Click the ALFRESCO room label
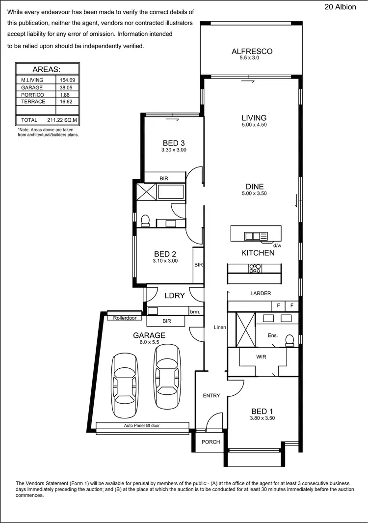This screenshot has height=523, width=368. [x=252, y=51]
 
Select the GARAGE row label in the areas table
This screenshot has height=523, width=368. [x=32, y=87]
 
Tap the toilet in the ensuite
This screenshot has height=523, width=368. [x=289, y=340]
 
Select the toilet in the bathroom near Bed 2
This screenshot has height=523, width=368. [x=145, y=220]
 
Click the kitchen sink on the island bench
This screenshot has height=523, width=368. [x=253, y=236]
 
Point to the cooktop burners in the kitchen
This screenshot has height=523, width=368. [x=255, y=268]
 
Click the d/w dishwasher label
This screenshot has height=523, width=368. [x=277, y=245]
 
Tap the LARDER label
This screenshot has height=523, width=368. [x=261, y=293]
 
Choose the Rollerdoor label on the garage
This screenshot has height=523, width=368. [x=124, y=318]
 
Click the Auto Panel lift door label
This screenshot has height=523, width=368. [x=142, y=426]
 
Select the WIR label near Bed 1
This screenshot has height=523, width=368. [x=261, y=357]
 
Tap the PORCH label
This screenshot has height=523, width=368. [x=210, y=441]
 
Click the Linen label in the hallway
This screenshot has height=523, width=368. [x=219, y=327]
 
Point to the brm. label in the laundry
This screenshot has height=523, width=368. [x=195, y=311]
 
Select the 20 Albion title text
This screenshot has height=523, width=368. [x=340, y=7]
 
